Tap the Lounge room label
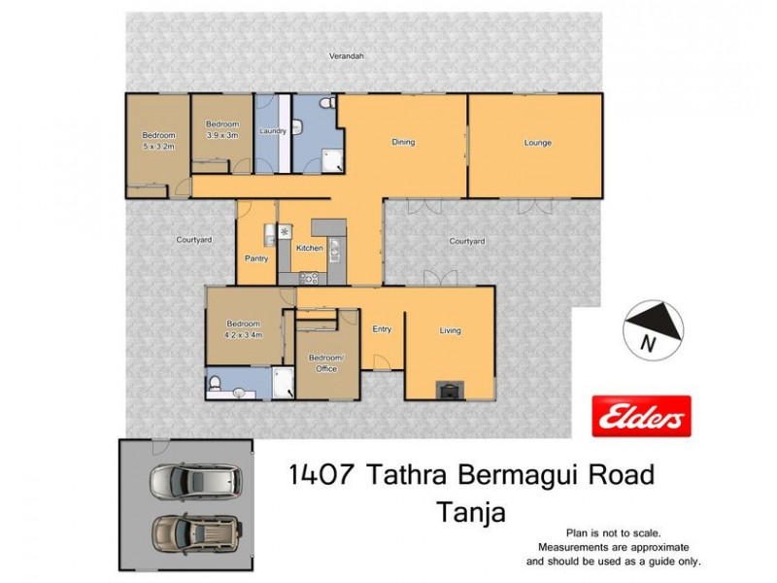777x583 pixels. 538,143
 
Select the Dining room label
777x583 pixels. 403,143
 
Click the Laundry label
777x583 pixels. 271,130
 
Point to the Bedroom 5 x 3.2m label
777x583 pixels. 158,141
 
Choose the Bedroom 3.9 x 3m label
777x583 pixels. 221,130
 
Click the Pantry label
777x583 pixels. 256,258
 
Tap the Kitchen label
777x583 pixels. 310,249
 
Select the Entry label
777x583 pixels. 382,329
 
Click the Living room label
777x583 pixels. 450,330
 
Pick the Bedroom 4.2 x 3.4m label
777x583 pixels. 243,328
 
